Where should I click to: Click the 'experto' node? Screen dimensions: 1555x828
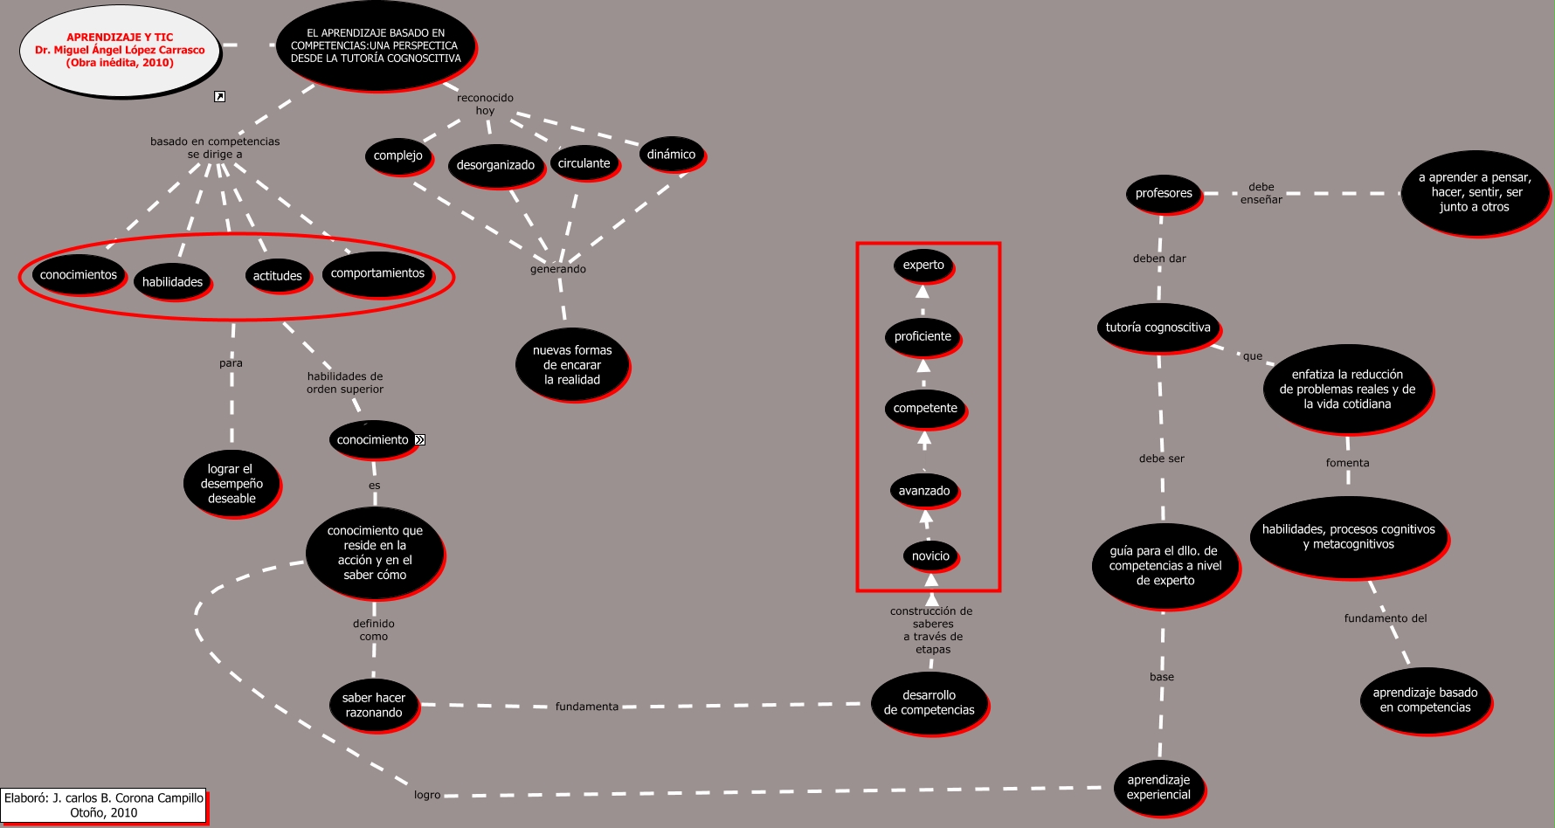click(923, 266)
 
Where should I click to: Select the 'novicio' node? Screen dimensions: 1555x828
click(930, 556)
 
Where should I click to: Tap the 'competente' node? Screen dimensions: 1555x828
click(925, 409)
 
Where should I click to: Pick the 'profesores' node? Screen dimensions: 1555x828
click(1164, 194)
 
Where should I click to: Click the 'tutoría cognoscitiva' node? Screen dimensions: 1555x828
click(1158, 328)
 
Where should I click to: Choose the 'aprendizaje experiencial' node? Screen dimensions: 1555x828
click(1158, 788)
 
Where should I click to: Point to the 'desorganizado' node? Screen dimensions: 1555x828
click(495, 166)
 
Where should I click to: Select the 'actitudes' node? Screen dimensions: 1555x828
click(277, 276)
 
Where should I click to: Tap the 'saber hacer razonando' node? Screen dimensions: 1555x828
click(373, 706)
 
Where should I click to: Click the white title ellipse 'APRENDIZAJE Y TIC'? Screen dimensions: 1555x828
click(120, 51)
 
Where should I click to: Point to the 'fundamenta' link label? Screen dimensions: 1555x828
click(587, 707)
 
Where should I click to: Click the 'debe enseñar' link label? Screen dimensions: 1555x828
click(1261, 193)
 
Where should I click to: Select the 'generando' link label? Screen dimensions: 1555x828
click(558, 269)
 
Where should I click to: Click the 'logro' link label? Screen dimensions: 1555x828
click(427, 795)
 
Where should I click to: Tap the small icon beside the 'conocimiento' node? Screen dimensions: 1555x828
click(420, 440)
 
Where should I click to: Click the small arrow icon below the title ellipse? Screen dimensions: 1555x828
click(220, 97)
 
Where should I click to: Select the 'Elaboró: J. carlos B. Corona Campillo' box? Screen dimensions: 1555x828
click(104, 805)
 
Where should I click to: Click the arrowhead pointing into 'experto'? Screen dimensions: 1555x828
click(923, 292)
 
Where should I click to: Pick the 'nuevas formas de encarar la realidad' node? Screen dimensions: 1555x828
click(572, 365)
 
